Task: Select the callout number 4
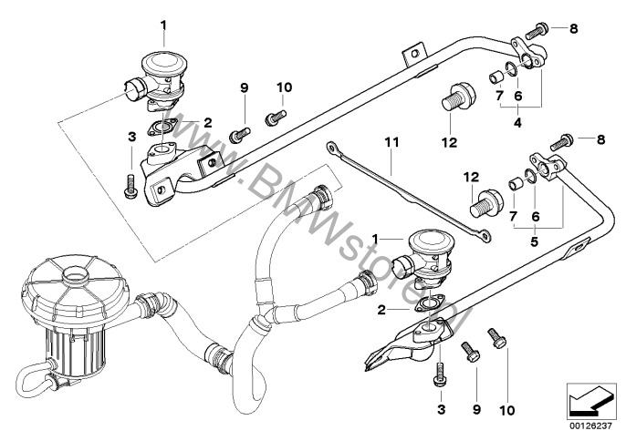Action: click(x=517, y=119)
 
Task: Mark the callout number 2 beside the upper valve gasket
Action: click(x=209, y=121)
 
